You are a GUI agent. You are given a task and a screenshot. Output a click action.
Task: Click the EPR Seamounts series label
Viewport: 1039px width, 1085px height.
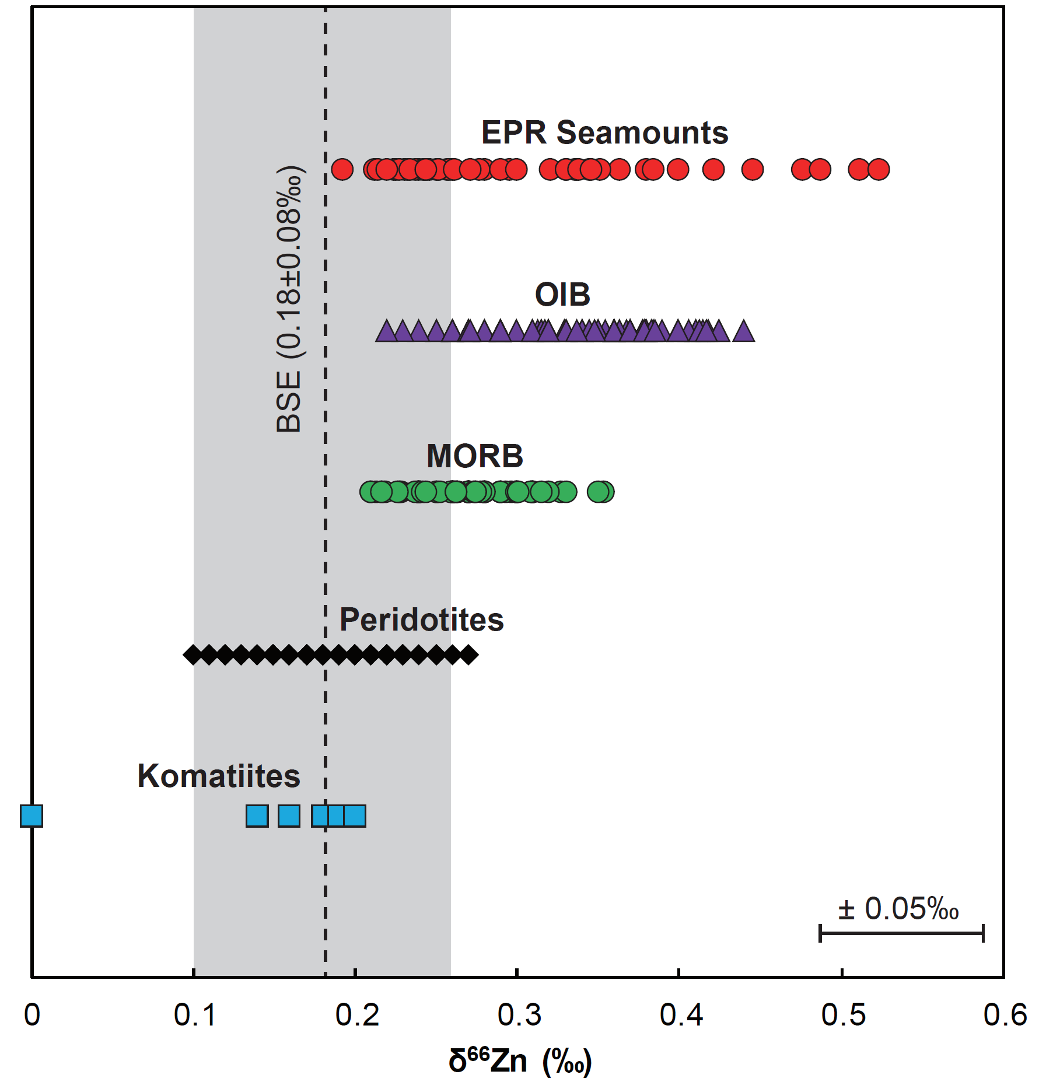[x=604, y=132]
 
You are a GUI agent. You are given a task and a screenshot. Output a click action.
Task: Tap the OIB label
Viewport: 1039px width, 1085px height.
[x=562, y=294]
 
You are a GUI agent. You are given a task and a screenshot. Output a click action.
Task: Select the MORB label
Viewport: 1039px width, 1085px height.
[x=475, y=456]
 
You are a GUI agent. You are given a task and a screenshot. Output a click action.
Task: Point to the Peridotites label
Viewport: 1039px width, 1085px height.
[x=421, y=619]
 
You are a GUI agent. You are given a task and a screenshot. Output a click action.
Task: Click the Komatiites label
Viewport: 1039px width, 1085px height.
[x=219, y=776]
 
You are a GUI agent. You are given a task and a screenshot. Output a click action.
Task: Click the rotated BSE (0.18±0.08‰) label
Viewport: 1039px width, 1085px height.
[x=289, y=298]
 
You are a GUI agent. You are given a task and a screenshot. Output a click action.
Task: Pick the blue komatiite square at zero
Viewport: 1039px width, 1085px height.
[x=32, y=815]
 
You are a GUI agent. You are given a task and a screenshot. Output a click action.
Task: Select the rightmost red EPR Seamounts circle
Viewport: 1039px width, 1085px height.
[x=879, y=170]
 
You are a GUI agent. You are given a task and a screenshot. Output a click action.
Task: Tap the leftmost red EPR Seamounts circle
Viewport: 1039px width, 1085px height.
[x=342, y=170]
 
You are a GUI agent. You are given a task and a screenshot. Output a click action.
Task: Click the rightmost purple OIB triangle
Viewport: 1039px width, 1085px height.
[x=743, y=332]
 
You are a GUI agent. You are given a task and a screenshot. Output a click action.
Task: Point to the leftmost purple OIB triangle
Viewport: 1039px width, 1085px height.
[x=386, y=332]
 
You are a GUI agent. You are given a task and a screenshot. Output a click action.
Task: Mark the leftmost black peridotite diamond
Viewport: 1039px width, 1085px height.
[x=193, y=655]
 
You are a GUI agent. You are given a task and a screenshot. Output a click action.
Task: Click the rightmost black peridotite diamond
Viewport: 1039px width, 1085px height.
[x=468, y=655]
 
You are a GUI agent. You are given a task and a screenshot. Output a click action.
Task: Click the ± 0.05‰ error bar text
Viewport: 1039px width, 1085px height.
[x=898, y=909]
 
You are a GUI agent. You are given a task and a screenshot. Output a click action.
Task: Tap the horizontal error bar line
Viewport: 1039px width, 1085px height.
[x=901, y=933]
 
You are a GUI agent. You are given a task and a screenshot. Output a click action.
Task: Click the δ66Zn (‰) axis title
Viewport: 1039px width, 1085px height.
[x=519, y=1060]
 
